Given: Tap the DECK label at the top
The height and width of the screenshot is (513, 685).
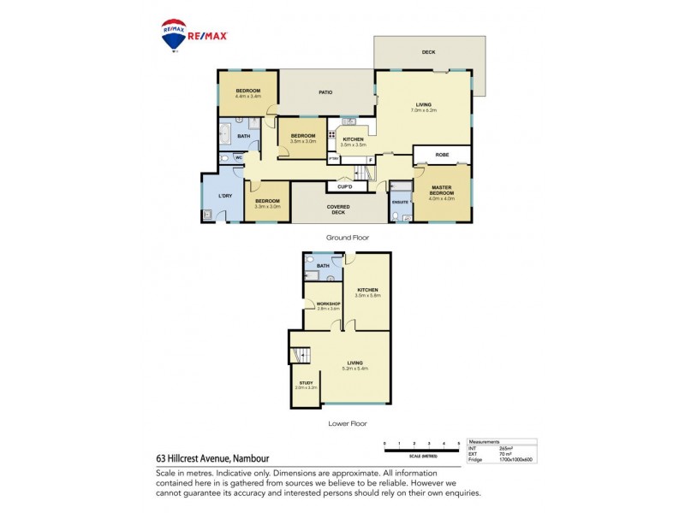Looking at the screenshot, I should point(428,53).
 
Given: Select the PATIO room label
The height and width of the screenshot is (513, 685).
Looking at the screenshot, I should point(325,92).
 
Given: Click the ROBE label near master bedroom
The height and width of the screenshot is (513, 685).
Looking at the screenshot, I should point(442,155).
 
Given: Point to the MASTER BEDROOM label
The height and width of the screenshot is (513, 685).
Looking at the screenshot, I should point(442,192).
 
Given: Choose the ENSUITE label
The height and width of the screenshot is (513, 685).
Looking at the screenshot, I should point(400,203).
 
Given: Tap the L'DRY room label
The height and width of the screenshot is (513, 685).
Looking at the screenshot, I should point(226,198).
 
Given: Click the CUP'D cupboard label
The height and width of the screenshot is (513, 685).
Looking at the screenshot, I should point(346,186).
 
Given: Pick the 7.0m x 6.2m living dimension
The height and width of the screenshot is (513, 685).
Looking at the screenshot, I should point(423,110).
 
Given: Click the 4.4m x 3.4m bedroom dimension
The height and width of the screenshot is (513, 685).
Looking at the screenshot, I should point(248,97).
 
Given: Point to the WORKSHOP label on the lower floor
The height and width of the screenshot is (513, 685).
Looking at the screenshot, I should point(329,305).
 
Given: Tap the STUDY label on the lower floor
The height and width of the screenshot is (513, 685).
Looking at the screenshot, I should point(306,383).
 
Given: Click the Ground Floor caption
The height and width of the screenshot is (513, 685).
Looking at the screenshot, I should point(347,238).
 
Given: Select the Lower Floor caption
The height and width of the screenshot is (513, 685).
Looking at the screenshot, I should point(347,422).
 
